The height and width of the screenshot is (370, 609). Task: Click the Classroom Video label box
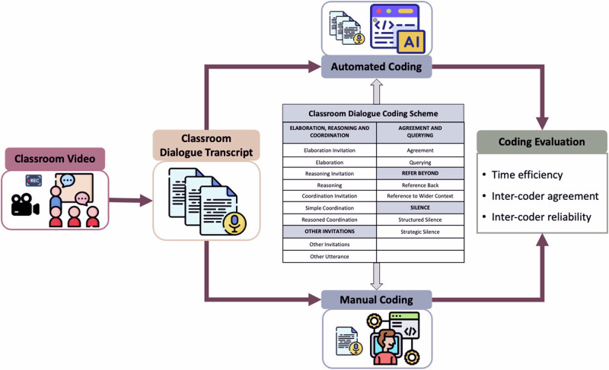pos(56,160)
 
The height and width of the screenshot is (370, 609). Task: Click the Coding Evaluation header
pos(541,142)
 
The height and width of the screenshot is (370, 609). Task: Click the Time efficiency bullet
pos(527,175)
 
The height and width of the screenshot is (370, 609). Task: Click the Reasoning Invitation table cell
pos(330,174)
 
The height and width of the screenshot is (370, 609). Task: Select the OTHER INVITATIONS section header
pos(330,232)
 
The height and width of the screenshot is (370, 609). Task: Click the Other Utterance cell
pos(330,256)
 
